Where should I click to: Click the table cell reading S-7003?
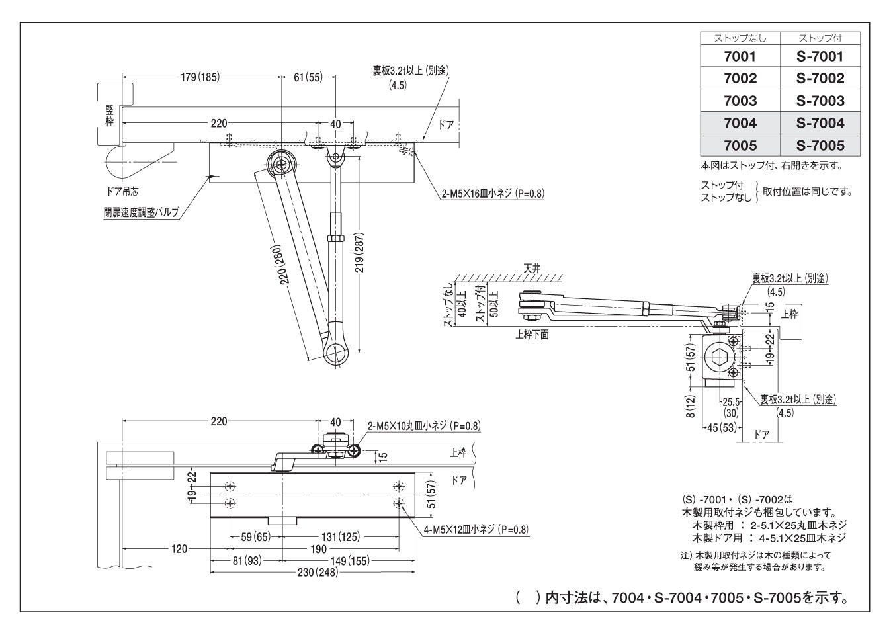coord(820,101)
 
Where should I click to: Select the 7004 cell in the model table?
coord(740,123)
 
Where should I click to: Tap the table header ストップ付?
coord(820,38)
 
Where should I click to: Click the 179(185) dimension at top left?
coord(199,77)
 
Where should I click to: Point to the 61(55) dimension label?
coord(308,77)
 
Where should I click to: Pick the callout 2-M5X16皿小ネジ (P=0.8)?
coord(493,194)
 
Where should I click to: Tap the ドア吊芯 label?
coord(122,192)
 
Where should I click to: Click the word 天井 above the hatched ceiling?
coord(532,268)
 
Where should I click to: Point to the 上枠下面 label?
coord(532,335)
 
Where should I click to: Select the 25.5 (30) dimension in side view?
coord(730,407)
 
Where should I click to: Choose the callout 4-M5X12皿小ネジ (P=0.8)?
coord(476,529)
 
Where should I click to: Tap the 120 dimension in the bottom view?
coord(179,548)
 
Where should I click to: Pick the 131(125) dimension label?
coord(340,537)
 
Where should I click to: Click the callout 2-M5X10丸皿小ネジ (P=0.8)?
coord(424,427)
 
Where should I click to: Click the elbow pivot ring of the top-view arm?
coord(337,355)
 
